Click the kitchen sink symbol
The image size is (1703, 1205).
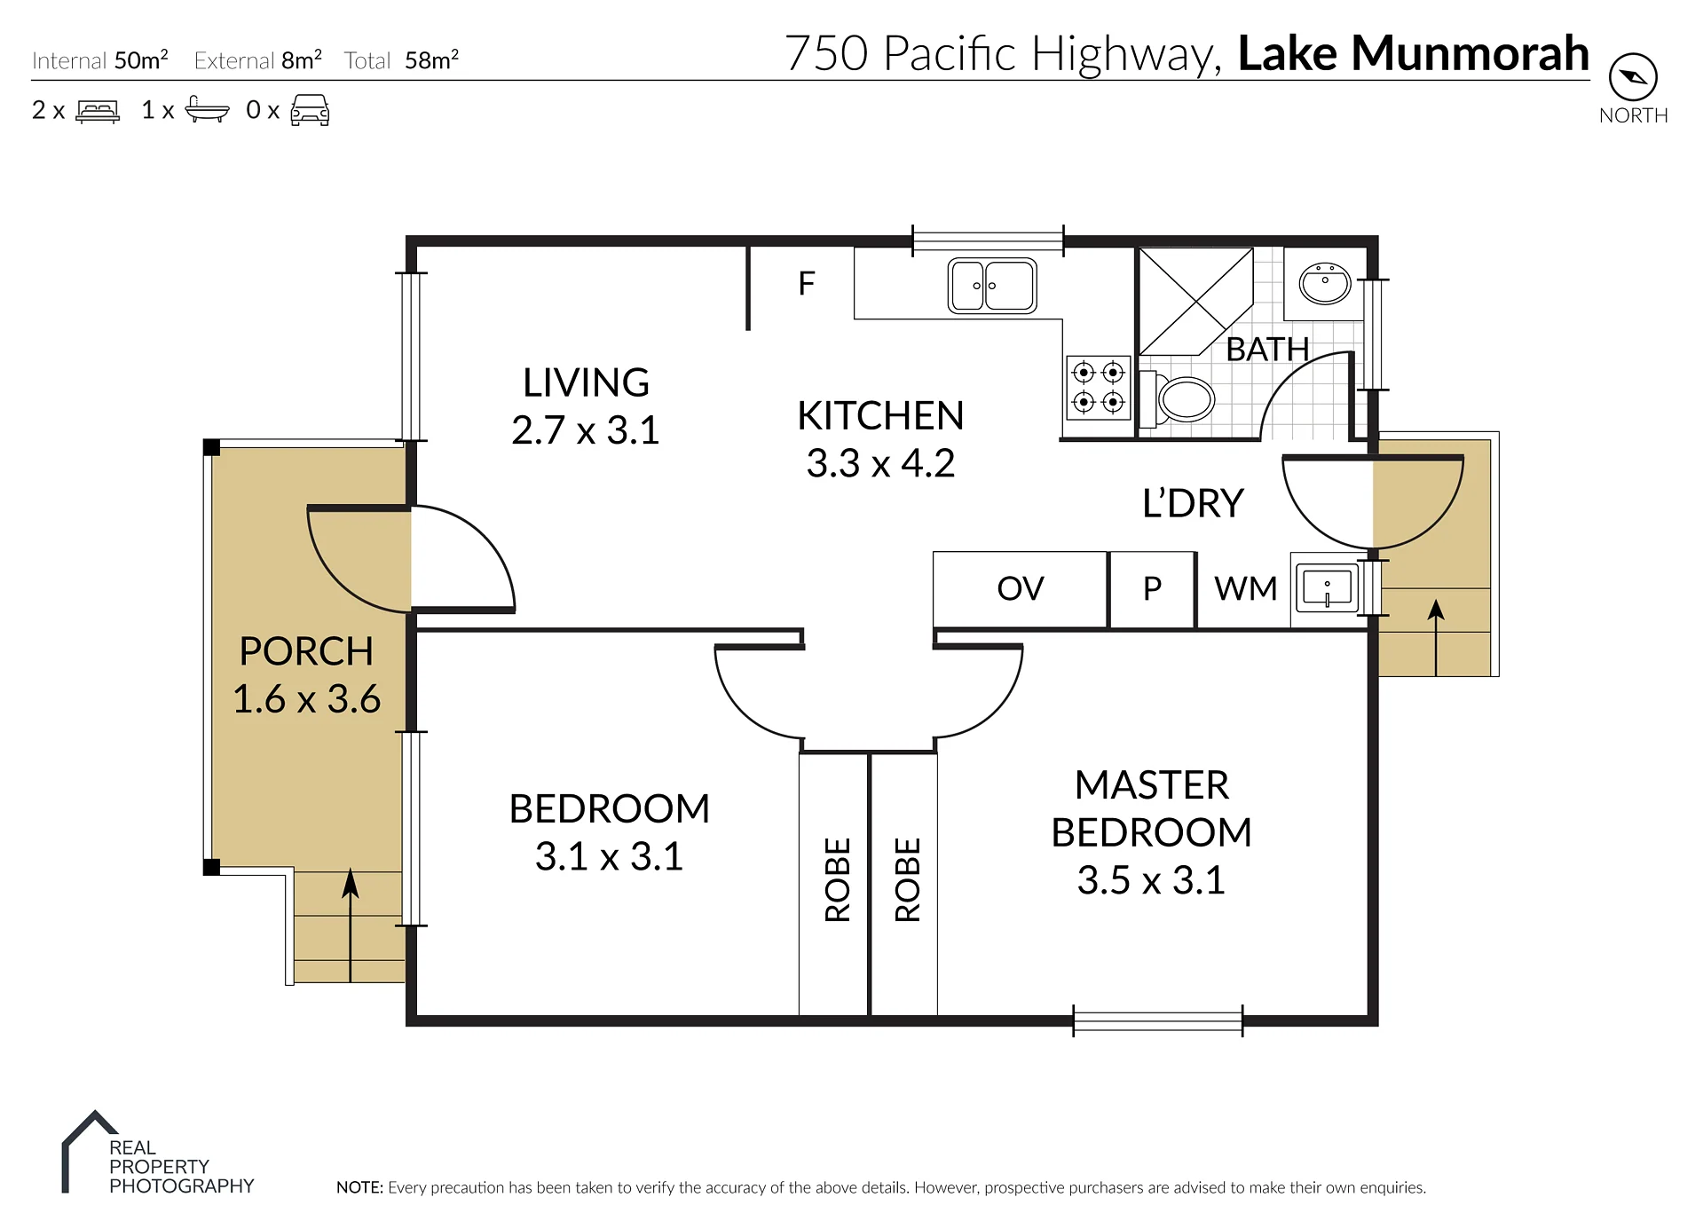click(992, 286)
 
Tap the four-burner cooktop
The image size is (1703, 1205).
click(1099, 388)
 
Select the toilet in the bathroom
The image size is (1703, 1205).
click(1177, 398)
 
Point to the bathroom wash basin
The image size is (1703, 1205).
click(1325, 283)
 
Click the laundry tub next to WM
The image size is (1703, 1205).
click(1327, 587)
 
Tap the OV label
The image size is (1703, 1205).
click(1021, 588)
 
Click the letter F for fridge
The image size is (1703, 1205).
click(807, 284)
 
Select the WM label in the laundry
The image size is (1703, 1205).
click(1245, 588)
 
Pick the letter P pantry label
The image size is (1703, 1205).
click(1152, 588)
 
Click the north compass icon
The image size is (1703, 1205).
click(1633, 77)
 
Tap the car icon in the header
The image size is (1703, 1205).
click(310, 110)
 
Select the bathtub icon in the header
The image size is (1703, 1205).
click(207, 109)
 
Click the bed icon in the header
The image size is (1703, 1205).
click(98, 111)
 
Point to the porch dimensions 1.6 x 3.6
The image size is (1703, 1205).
click(306, 699)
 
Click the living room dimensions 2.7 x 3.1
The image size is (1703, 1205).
click(586, 430)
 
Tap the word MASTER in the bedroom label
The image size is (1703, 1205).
click(1152, 785)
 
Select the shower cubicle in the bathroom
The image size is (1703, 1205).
click(1195, 302)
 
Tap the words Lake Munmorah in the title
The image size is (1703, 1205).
click(1413, 53)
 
